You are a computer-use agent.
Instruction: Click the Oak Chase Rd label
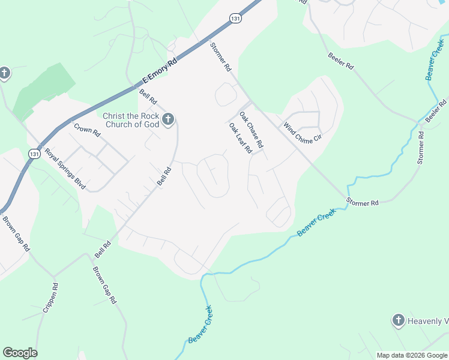pyautogui.click(x=252, y=130)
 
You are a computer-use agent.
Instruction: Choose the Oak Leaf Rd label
pyautogui.click(x=240, y=139)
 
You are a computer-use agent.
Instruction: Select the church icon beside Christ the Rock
pyautogui.click(x=168, y=120)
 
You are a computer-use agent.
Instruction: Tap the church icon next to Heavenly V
pyautogui.click(x=398, y=320)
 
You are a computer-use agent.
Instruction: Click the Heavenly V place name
pyautogui.click(x=427, y=320)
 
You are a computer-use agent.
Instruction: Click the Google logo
pyautogui.click(x=20, y=352)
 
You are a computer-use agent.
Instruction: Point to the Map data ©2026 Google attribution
pyautogui.click(x=411, y=355)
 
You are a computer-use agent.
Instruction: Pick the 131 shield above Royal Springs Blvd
pyautogui.click(x=34, y=155)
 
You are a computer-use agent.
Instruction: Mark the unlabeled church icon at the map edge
pyautogui.click(x=4, y=74)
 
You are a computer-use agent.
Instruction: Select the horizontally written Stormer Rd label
pyautogui.click(x=363, y=203)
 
